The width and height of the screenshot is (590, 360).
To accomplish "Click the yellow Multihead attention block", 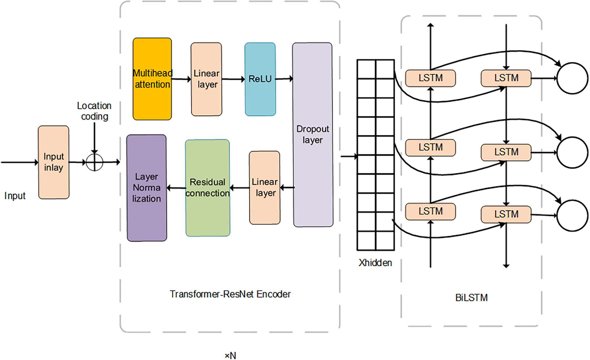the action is coord(152,79).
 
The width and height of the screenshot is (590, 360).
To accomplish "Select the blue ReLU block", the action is coord(260,79).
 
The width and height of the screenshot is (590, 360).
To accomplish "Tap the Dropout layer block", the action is coord(313,135).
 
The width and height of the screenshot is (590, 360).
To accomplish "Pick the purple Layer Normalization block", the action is coord(147,188).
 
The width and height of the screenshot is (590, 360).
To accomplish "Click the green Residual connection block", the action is coord(208,188).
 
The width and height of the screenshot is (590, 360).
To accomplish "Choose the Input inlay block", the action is coord(54,162).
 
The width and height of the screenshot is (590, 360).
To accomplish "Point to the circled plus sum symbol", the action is coord(94,162).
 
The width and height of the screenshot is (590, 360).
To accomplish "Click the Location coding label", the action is coord(94,111).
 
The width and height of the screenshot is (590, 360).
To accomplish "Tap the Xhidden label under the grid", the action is coord(375,263).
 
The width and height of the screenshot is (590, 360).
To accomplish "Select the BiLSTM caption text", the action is coord(471,298).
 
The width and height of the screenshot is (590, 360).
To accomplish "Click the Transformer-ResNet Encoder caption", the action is coord(230,294).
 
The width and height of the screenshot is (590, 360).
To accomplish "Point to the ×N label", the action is coord(231,355).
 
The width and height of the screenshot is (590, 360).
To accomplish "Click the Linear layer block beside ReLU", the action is coord(206,79).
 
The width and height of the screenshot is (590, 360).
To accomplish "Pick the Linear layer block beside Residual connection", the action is coord(265,187).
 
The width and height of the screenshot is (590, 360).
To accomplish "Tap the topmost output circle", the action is coord(572,78).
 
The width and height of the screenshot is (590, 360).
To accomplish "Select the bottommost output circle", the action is coord(572,216).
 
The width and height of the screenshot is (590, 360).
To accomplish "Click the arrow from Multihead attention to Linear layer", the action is coord(181,79).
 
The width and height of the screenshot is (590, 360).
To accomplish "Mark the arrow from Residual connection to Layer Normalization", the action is coord(176,188).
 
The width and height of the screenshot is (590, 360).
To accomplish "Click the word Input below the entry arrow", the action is coord(15,196).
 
